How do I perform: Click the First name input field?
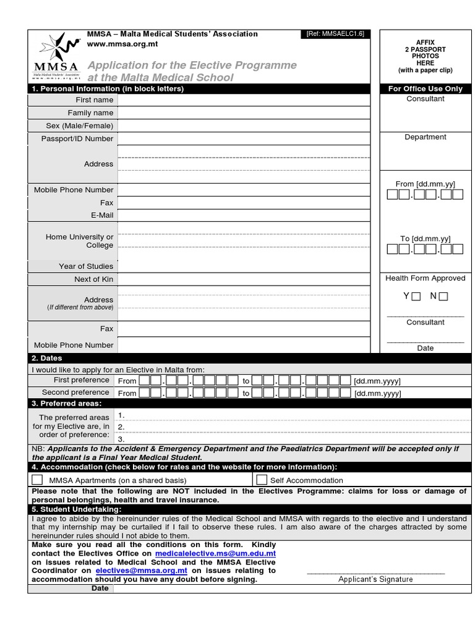click(x=244, y=100)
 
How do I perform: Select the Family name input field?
click(x=244, y=113)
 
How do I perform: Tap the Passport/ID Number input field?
click(x=244, y=138)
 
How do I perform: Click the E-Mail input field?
click(x=244, y=215)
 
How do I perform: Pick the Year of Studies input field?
click(x=244, y=266)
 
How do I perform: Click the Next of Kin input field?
click(x=244, y=279)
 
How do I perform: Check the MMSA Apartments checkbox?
click(x=38, y=480)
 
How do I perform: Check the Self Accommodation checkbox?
click(x=262, y=480)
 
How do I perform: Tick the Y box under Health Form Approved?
click(x=416, y=296)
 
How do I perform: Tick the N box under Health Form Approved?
click(x=443, y=296)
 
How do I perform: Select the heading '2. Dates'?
click(x=47, y=358)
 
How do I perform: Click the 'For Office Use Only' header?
click(x=425, y=88)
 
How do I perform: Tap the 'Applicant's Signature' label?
click(x=375, y=579)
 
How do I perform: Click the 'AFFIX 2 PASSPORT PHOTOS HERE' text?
click(x=425, y=56)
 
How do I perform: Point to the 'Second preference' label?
click(x=75, y=393)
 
